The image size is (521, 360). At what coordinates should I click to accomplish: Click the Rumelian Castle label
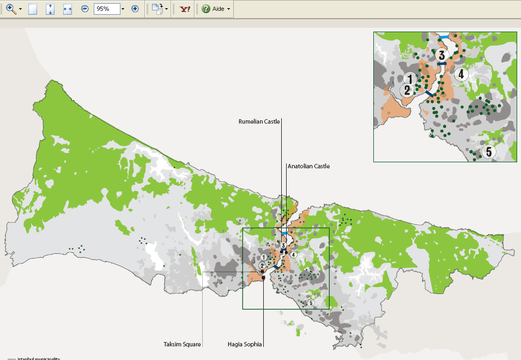click(259, 122)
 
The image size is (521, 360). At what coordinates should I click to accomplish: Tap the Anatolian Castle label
click(308, 166)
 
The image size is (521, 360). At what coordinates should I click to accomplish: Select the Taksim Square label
click(182, 344)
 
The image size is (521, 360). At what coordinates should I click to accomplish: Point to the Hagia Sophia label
click(245, 344)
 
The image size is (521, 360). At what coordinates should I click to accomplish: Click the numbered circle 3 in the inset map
click(441, 55)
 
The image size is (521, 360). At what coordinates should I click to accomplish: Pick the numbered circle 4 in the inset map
click(461, 74)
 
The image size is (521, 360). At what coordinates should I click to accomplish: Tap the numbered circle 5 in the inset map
click(489, 151)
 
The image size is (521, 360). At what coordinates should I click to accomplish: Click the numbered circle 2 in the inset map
click(407, 90)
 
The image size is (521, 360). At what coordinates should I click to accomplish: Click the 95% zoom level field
click(106, 9)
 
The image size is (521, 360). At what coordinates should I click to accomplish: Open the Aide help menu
click(216, 9)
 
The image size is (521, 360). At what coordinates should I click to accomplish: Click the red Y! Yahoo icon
click(185, 9)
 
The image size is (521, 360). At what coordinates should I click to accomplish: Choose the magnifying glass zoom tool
click(10, 9)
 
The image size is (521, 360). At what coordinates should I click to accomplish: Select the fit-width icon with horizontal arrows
click(68, 9)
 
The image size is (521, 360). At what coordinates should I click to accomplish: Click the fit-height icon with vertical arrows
click(50, 9)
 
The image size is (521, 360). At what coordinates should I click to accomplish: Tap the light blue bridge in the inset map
click(445, 36)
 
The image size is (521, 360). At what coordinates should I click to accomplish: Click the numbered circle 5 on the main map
click(311, 303)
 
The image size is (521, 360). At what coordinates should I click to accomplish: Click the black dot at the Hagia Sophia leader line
click(263, 278)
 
